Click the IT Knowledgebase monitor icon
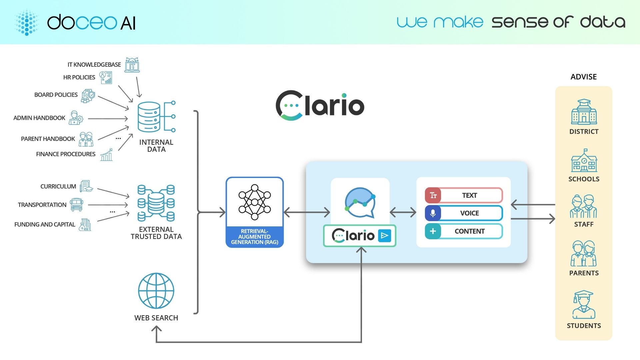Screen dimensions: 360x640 coord(132,65)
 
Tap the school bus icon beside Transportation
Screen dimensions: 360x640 coord(77,205)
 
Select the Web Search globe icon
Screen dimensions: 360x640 coord(156,291)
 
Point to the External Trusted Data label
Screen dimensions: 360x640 coord(156,233)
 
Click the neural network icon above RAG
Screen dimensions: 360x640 coord(255,202)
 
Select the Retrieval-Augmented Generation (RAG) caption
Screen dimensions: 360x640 coord(255,237)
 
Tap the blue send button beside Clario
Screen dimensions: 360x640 coord(384,236)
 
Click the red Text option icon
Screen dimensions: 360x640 coord(433,195)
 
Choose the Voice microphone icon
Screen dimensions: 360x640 coord(433,213)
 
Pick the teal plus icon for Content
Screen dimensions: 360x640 coord(433,231)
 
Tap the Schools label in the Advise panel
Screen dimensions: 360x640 coord(584,179)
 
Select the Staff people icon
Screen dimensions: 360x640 coord(584,206)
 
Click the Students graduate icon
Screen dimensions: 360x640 coord(584,305)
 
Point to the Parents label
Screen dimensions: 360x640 coord(584,273)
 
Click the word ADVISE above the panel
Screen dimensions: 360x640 coord(584,77)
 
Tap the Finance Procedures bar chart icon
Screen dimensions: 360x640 coord(107,155)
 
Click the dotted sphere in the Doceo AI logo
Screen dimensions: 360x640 coord(27,22)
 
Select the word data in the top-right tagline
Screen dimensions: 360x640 coord(602,22)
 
